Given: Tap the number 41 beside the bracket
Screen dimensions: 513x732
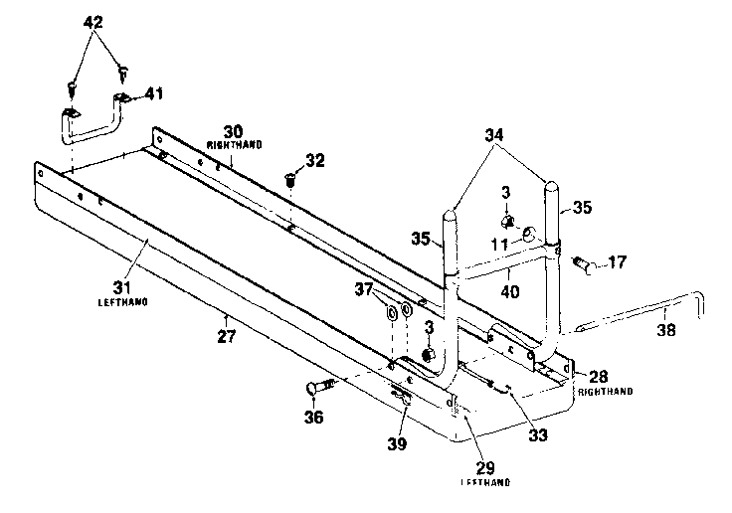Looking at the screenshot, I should [x=154, y=93].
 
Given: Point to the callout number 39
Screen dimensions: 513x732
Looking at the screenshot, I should [x=397, y=444].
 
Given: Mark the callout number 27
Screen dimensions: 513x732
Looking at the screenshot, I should [x=228, y=337].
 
